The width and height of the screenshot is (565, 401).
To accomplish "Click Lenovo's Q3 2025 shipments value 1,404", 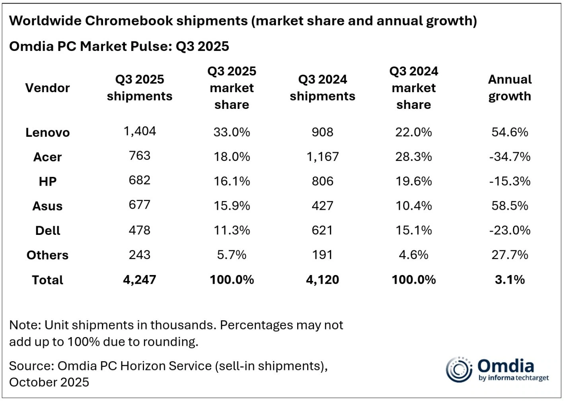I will [x=139, y=131].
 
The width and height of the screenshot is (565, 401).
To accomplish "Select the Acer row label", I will [x=47, y=157].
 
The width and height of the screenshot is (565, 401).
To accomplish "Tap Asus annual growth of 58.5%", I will [x=509, y=205].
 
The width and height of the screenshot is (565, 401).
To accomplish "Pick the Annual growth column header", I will [x=509, y=88].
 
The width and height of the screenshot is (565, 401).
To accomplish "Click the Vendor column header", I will [x=47, y=88].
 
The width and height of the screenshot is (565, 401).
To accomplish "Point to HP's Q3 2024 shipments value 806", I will [x=322, y=181].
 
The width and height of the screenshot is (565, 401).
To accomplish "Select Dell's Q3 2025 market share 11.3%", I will [x=232, y=230].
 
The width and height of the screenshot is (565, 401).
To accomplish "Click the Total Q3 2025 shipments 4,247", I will [x=139, y=280].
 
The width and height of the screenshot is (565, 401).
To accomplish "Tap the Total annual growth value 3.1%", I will [x=509, y=280].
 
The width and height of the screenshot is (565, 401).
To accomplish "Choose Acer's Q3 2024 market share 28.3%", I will [x=413, y=157].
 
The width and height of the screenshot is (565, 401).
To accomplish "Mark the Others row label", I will [x=47, y=255].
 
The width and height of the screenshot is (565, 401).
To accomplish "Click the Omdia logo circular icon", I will [x=459, y=370].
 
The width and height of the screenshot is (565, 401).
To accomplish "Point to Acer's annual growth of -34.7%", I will [x=509, y=157].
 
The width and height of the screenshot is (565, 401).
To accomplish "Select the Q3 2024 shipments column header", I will [x=322, y=88].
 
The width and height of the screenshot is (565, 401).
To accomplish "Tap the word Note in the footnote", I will [x=25, y=325].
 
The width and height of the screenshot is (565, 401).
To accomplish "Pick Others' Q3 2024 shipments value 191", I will [x=322, y=255].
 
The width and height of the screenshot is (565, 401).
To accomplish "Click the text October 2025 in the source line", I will [x=49, y=382].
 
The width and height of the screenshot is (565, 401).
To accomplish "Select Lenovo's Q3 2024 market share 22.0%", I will [x=413, y=132].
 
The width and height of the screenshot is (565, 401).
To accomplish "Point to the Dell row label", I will [x=47, y=231].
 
